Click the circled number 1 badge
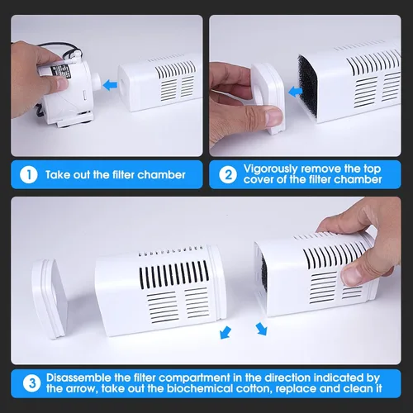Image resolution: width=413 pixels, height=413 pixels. coord(29,175)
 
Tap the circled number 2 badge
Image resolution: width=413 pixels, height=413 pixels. coord(228,175)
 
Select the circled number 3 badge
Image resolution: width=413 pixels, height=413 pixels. coord(32,383)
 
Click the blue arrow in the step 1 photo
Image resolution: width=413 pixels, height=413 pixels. coord(110,85)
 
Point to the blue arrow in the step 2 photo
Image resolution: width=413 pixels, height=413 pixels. coord(295,91)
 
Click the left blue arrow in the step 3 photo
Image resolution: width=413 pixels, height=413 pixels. coord(225,333)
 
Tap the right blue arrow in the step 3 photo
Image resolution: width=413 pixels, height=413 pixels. coord(261,330)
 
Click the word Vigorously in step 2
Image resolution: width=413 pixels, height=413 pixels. coord(270,169)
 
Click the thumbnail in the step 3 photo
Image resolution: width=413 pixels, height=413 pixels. coord(352,276)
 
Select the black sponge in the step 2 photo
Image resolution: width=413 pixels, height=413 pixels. coord(308,86)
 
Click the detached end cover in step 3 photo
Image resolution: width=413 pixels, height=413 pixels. coord(50,298)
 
